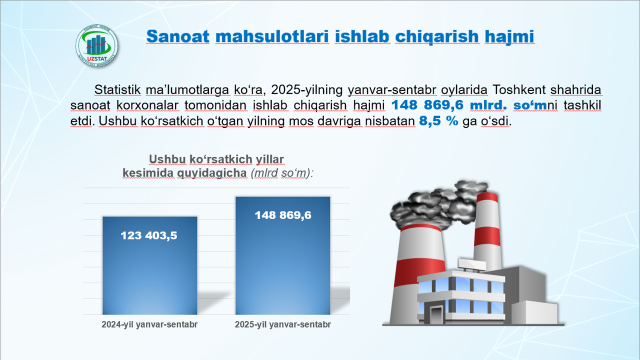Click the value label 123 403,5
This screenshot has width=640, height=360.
coord(149,235)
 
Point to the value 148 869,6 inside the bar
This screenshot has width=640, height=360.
coord(283,215)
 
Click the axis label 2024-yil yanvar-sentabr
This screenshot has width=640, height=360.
coord(149,324)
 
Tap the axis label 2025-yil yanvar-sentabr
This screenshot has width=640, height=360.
coord(283,324)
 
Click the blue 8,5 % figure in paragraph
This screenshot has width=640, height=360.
coord(438,121)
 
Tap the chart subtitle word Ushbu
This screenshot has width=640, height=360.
coord(167,159)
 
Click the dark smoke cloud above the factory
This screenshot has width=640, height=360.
coord(430,205)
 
